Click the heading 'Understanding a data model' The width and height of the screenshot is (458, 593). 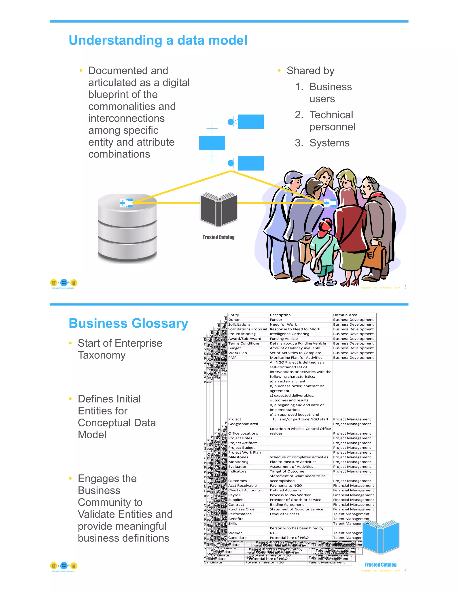coord(158,40)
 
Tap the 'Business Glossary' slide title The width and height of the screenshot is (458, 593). coord(128,323)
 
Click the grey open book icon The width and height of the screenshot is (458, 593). coord(218,209)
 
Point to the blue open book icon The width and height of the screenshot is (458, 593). coord(381,537)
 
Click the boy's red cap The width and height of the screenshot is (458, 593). coord(326,225)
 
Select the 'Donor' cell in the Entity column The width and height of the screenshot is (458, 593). coord(234,320)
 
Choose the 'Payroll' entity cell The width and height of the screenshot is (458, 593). coord(235,495)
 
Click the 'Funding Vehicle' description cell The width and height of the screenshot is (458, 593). coord(284,339)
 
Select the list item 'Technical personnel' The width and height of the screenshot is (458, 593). coord(332,121)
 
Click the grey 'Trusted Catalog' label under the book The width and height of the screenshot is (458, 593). coord(218,237)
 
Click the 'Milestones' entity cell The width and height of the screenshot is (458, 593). coord(238,457)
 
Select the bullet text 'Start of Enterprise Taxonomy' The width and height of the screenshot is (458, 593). coord(120,349)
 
